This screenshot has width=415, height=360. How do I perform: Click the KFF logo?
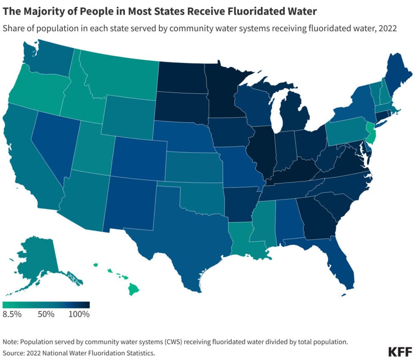coord(400,352)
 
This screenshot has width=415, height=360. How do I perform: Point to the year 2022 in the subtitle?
coord(387,28)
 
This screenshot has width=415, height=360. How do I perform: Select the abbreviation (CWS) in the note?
coord(174,342)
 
